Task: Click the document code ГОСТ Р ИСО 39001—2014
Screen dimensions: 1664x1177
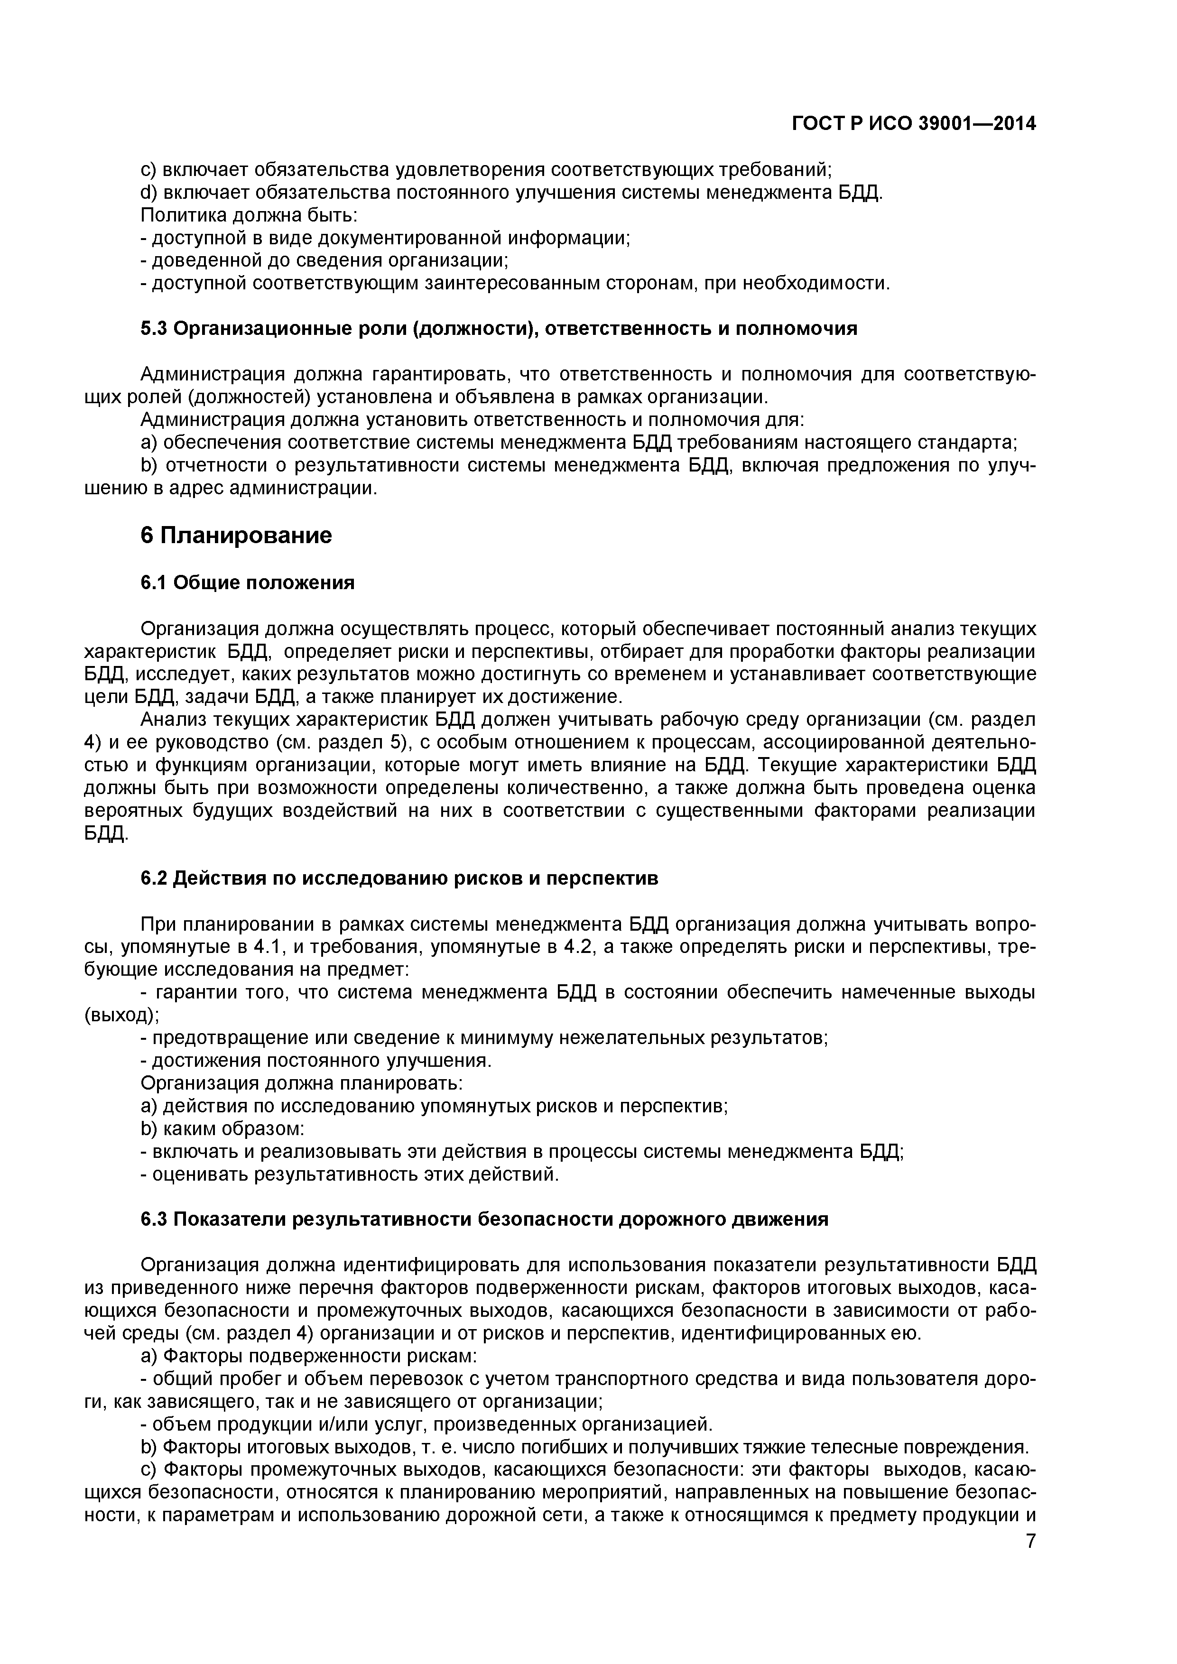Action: [x=913, y=125]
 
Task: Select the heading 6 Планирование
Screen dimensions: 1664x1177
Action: [x=236, y=536]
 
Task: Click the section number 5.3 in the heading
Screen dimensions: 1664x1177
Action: [x=154, y=329]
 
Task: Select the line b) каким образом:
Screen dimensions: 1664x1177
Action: [x=222, y=1129]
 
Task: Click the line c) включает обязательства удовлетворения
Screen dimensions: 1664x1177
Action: [x=486, y=170]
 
